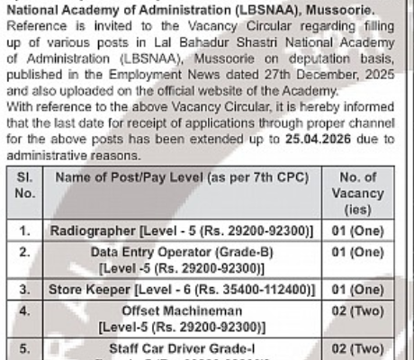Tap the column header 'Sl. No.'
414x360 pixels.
(x=25, y=184)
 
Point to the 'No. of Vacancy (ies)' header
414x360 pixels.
(x=357, y=192)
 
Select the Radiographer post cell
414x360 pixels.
(x=184, y=231)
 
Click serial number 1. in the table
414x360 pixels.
(x=25, y=231)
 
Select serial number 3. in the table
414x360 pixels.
(x=25, y=291)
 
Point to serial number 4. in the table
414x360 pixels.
(x=25, y=311)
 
